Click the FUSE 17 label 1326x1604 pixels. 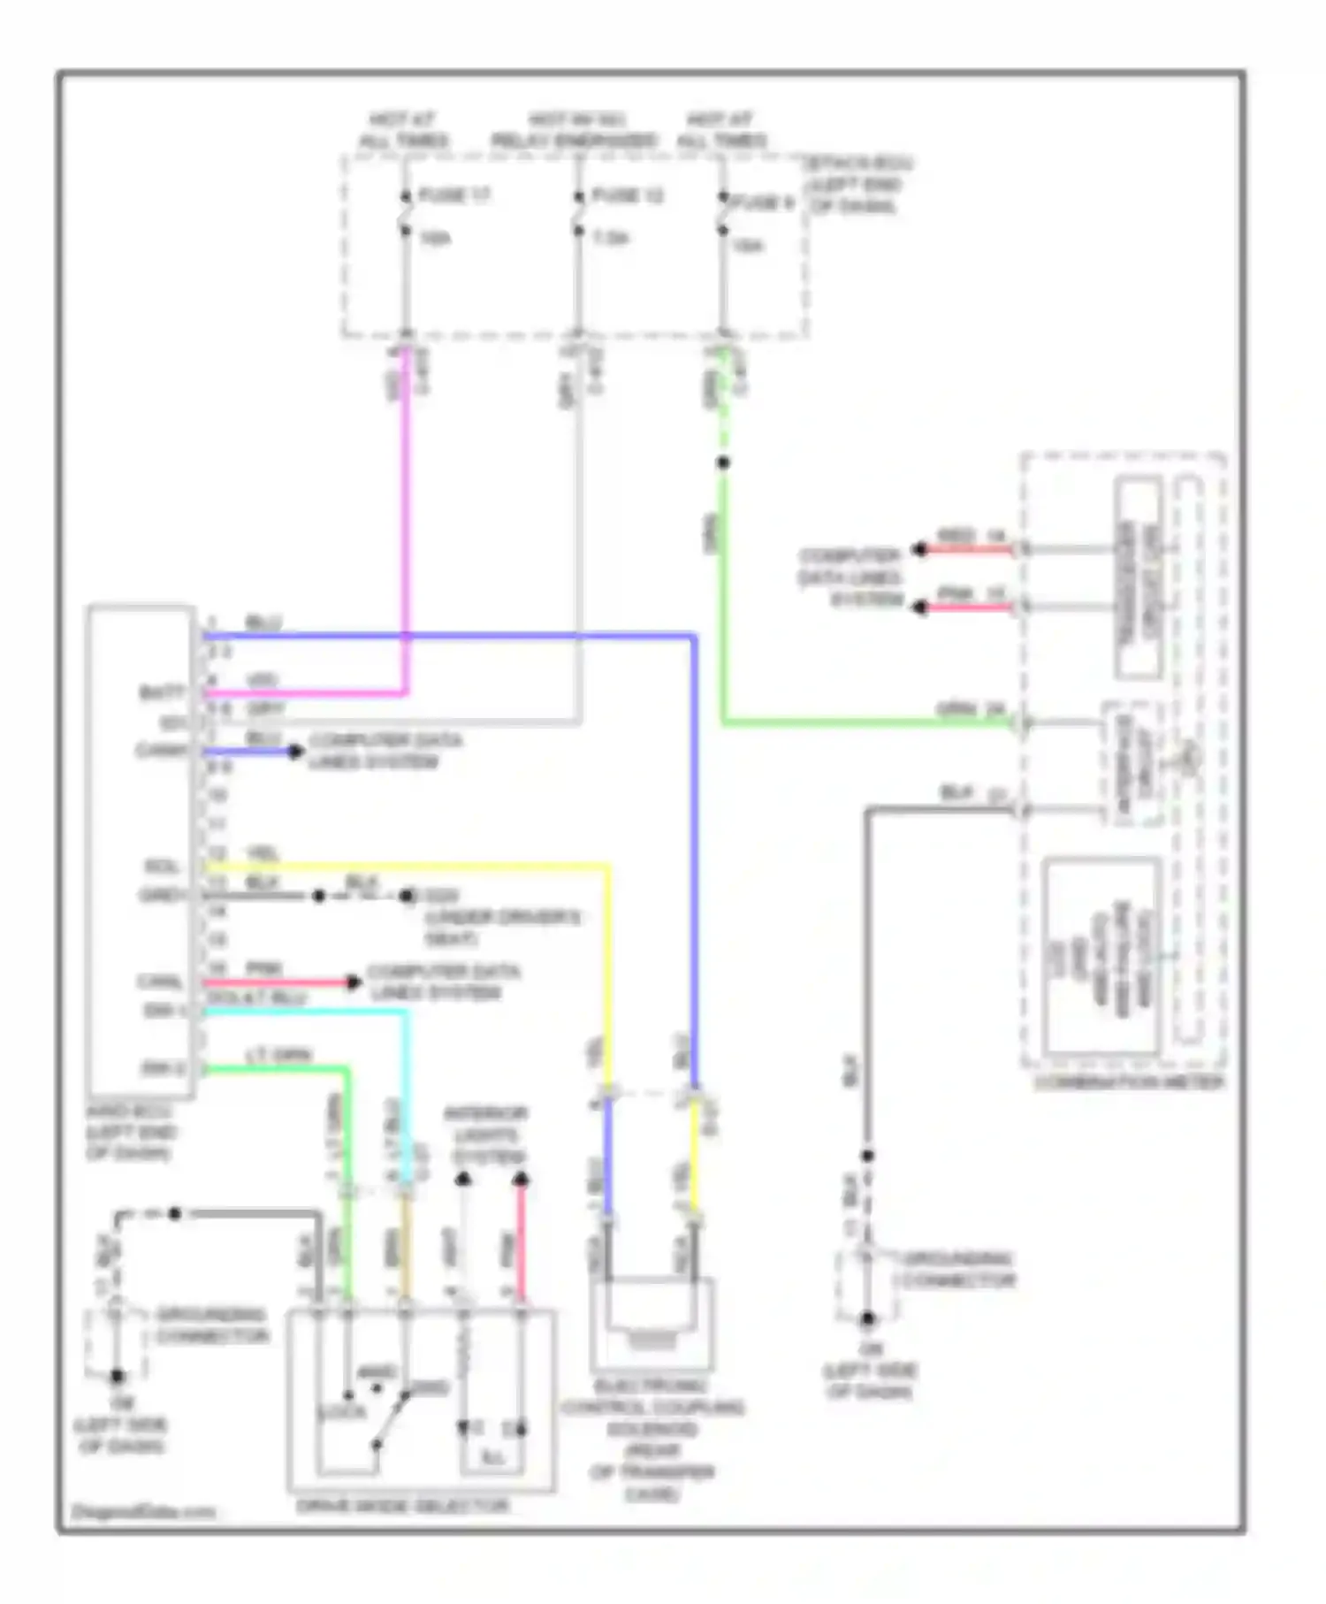tap(453, 195)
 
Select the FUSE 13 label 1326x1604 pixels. tap(627, 195)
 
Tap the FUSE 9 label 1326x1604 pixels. tap(762, 202)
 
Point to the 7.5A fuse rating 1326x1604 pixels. tap(610, 238)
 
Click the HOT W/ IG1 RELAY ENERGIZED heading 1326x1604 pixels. tap(575, 130)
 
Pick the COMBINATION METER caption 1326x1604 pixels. tap(1129, 1082)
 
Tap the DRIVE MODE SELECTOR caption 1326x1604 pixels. tap(402, 1505)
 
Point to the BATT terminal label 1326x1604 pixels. tap(164, 692)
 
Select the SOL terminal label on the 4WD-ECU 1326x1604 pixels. tap(163, 867)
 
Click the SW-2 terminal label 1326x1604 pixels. tap(164, 1069)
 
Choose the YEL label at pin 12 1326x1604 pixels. tap(263, 853)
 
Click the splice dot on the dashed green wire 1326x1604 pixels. tap(723, 462)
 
